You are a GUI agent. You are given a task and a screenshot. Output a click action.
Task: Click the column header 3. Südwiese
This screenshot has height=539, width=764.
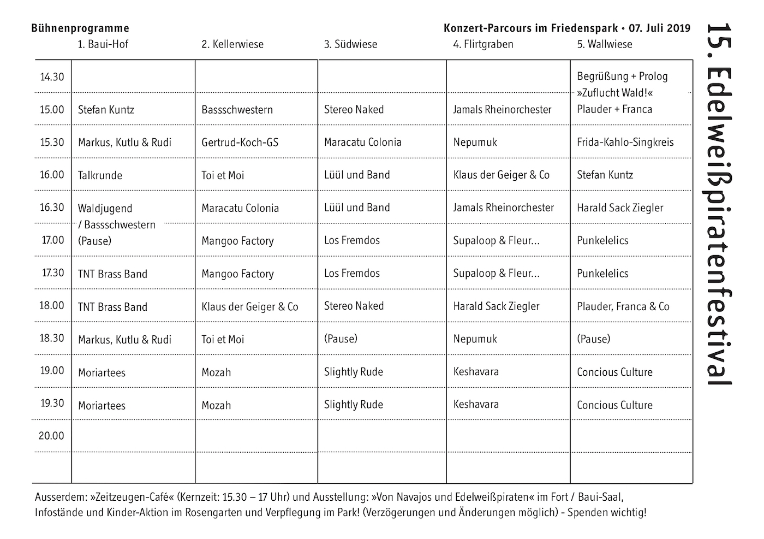pos(350,44)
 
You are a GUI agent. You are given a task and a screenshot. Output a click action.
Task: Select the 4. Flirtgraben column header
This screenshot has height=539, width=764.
pos(483,44)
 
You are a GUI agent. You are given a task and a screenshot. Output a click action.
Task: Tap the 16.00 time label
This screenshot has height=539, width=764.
pos(52,175)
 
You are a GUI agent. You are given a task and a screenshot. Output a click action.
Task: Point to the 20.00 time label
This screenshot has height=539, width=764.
pos(51,436)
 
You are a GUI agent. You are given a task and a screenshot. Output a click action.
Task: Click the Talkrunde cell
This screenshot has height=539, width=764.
pos(100,175)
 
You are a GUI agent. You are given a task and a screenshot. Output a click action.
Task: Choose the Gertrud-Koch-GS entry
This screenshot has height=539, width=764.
pos(240,143)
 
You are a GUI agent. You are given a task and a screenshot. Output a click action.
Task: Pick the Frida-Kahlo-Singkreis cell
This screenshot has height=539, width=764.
pos(625,143)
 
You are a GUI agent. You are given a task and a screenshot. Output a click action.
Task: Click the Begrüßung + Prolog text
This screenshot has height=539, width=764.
pos(622,76)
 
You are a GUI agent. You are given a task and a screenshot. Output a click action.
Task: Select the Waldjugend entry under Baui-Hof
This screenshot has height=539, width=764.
pos(105,208)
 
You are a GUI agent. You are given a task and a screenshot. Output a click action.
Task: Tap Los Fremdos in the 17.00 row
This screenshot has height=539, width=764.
pos(352,240)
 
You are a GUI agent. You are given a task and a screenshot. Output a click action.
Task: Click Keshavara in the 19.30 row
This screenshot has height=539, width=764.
pos(476,405)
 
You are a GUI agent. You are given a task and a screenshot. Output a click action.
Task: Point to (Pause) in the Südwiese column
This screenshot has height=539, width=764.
pos(341,339)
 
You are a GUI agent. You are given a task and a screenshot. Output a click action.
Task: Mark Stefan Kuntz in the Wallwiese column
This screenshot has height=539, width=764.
pos(605,175)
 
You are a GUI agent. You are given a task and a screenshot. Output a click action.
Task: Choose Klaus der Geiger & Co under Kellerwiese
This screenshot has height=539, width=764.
pos(250,306)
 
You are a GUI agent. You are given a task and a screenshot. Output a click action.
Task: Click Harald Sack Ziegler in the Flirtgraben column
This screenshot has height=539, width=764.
pos(496,306)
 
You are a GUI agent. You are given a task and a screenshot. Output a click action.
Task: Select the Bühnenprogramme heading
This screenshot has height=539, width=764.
pos(80,28)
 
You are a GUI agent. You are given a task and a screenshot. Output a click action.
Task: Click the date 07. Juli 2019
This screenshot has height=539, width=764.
pos(659,28)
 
